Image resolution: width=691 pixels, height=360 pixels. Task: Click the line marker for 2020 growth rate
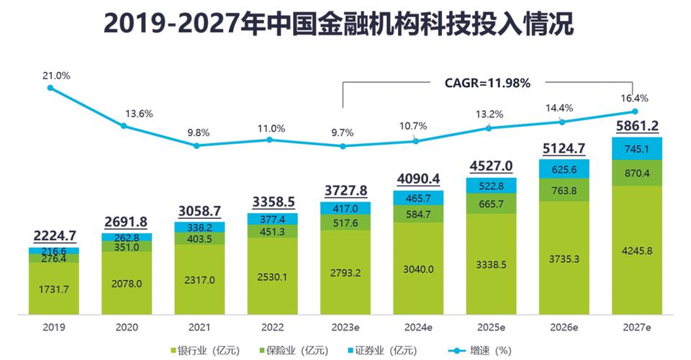pos(124,126)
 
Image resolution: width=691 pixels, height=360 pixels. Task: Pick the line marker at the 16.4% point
pos(635,111)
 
